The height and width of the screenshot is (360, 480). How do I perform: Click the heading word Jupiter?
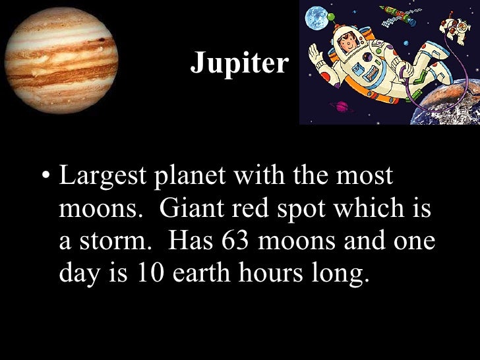click(240, 63)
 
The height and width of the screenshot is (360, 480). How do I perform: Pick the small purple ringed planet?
click(343, 106)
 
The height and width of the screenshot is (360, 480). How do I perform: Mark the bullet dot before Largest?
click(45, 178)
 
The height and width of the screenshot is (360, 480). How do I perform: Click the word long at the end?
click(344, 273)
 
